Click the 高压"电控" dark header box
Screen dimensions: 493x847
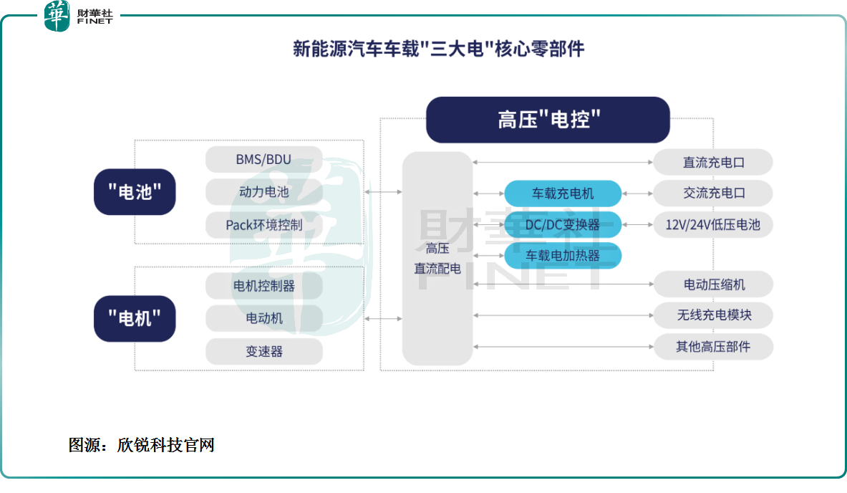tap(548, 120)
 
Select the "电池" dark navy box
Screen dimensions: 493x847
tap(135, 191)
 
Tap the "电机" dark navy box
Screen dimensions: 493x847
tap(135, 318)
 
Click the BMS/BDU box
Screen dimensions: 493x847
tap(263, 159)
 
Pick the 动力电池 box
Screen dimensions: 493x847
tap(263, 192)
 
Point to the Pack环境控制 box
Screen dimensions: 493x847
tap(263, 224)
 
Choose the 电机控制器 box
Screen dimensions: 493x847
tap(263, 285)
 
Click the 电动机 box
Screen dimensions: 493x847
tap(263, 318)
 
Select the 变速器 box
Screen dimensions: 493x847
tap(263, 351)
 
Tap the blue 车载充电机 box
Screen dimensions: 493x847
tap(563, 193)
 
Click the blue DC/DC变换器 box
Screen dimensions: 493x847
tap(563, 224)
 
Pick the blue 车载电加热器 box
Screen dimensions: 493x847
tap(563, 255)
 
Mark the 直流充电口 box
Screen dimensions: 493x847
tap(713, 162)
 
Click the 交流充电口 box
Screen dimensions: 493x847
tap(713, 193)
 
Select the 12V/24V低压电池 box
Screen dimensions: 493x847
tap(713, 224)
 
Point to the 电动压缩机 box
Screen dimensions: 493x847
tap(713, 284)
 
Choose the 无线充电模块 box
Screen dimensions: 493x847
tap(713, 315)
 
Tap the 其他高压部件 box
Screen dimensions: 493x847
tap(713, 347)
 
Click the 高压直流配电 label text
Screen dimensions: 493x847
tap(437, 259)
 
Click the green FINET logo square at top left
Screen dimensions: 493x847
tap(57, 15)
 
